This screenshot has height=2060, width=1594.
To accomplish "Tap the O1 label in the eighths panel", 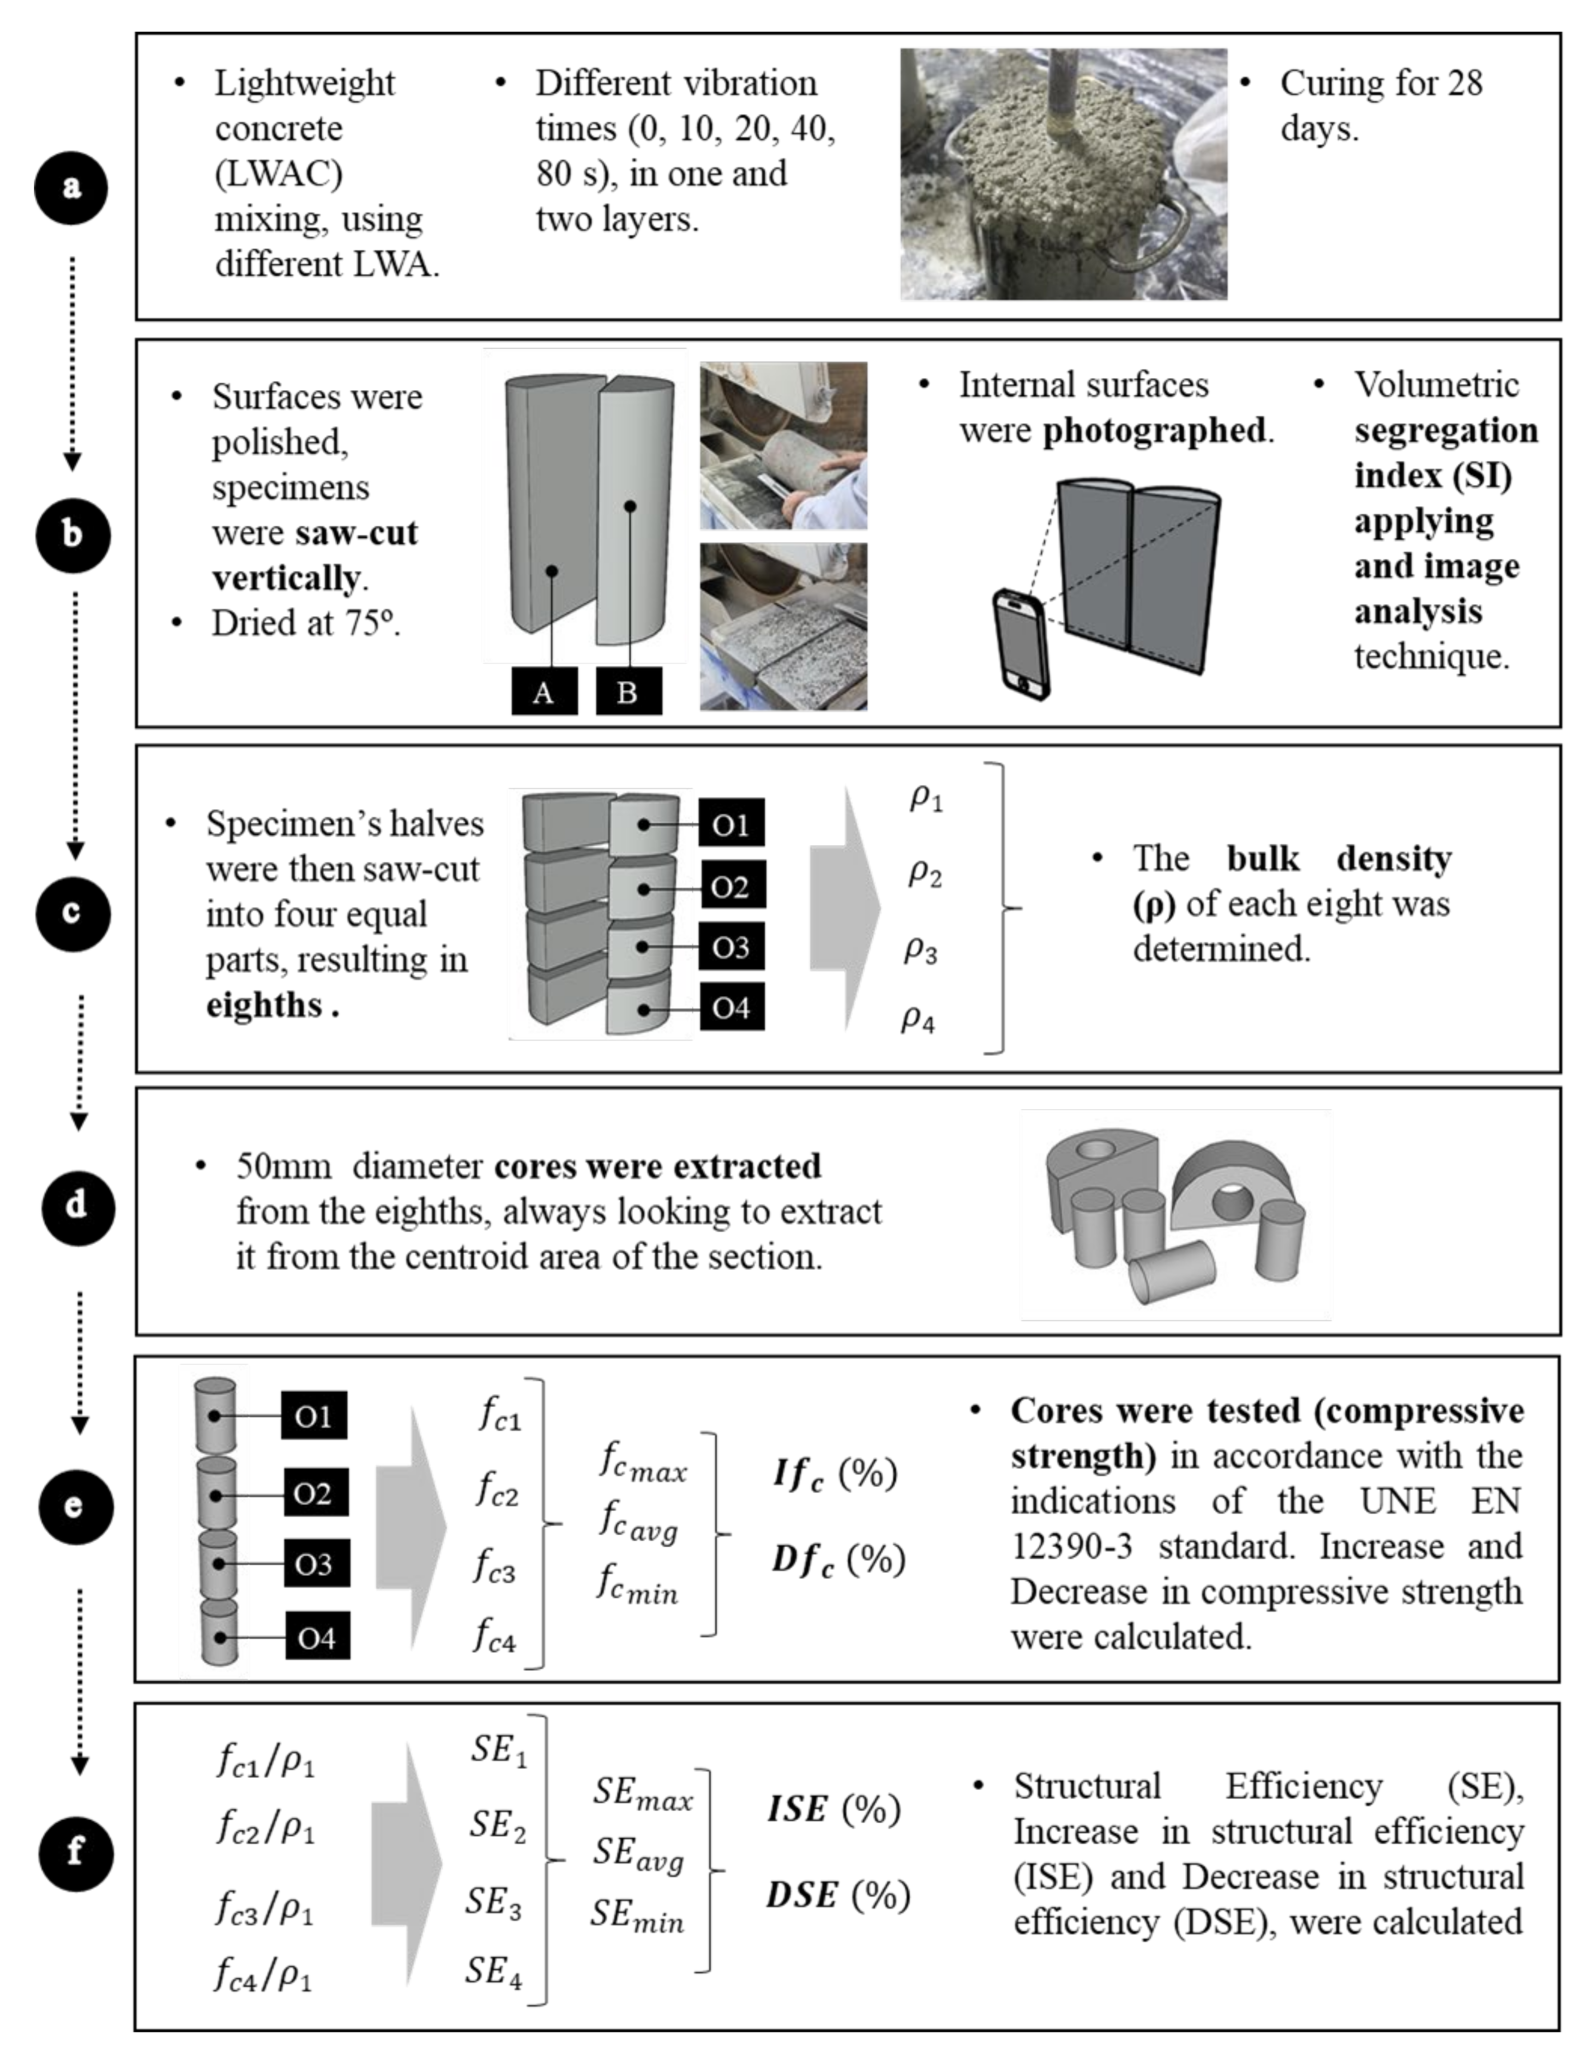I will click(731, 824).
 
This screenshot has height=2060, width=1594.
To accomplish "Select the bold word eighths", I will click(264, 1005).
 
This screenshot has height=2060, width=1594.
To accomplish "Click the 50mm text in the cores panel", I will click(283, 1167).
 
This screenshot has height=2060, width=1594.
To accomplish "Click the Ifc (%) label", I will click(834, 1473).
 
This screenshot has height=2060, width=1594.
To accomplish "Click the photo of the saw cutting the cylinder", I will click(783, 445).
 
